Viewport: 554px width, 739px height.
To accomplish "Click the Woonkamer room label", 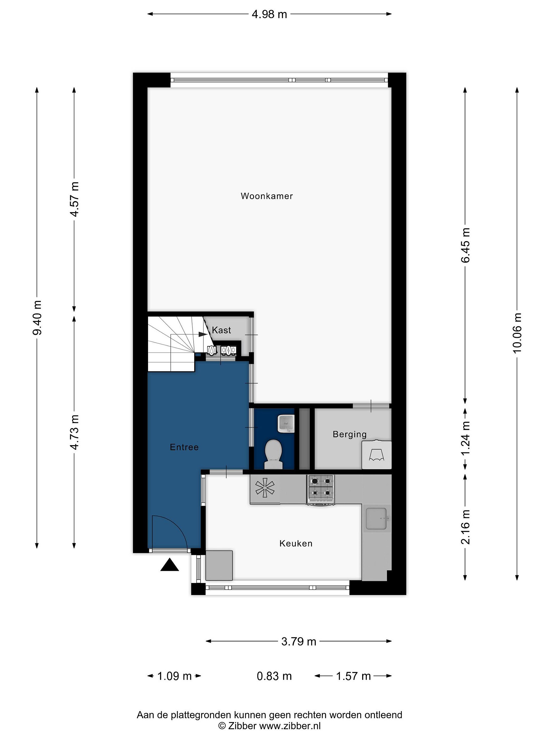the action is [266, 196].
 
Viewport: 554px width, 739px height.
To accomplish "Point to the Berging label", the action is [350, 434].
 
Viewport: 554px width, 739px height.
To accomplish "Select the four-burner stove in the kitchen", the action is [321, 490].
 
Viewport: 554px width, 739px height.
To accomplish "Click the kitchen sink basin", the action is [376, 519].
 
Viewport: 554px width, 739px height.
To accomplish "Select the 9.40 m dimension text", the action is [37, 317].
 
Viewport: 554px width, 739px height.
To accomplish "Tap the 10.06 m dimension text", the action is [517, 333].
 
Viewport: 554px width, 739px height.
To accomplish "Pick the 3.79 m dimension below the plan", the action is [299, 641].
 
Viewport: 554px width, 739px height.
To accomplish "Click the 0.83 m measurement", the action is [274, 676].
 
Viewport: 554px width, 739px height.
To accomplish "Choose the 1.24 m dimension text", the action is [466, 438].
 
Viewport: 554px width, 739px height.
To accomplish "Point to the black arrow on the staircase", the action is [202, 334].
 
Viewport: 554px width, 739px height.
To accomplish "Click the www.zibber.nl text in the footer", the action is [290, 726].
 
